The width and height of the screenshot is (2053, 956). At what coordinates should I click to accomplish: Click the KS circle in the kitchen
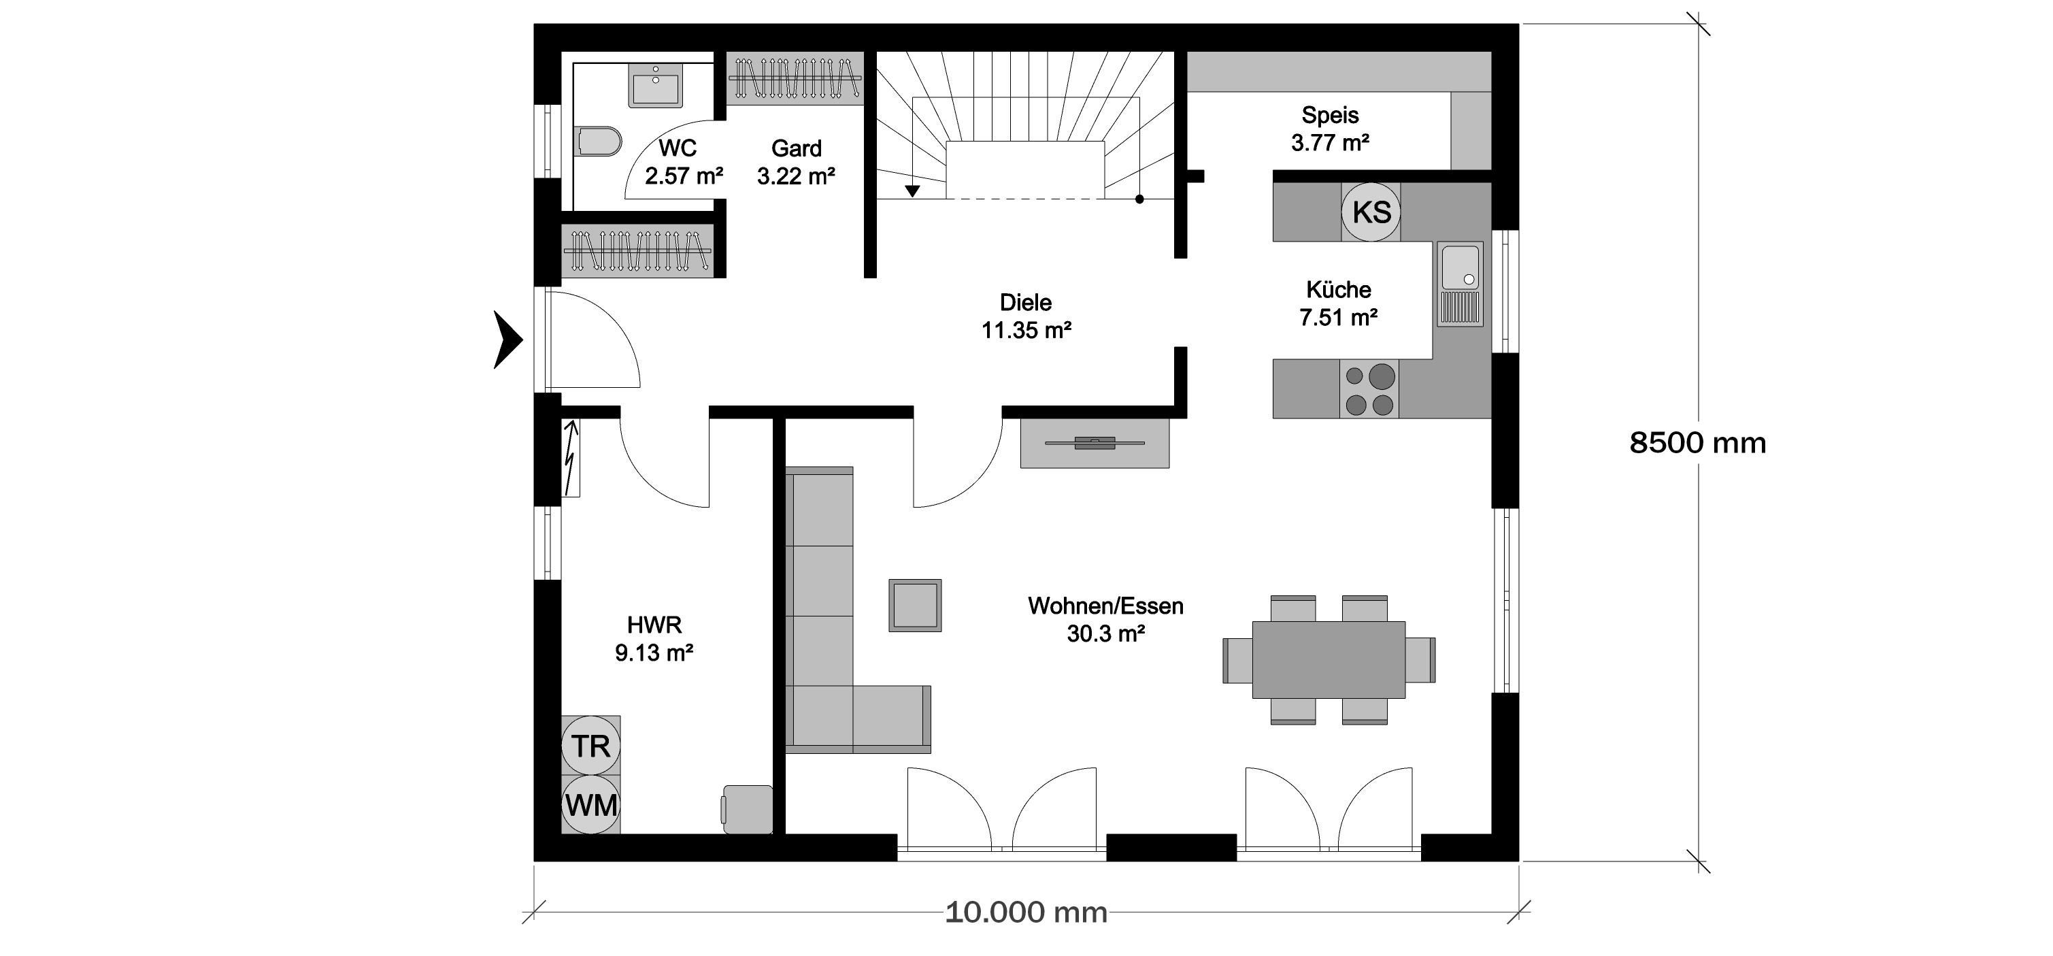tap(1371, 212)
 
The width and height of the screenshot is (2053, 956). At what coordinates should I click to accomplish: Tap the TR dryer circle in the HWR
tap(590, 746)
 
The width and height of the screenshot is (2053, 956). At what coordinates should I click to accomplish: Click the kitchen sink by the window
tap(1460, 284)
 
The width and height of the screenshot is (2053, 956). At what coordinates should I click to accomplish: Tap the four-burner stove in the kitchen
tap(1369, 389)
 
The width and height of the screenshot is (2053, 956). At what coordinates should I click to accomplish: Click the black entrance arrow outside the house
tap(507, 340)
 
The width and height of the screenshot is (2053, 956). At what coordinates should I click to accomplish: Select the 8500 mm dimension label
tap(1697, 442)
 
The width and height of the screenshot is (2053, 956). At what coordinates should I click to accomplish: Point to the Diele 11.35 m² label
tap(1026, 316)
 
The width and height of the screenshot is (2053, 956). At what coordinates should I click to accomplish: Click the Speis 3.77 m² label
tap(1330, 129)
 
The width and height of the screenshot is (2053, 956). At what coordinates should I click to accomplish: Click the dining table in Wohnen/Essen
tap(1329, 659)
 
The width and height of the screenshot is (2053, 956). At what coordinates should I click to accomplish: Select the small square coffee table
tap(915, 605)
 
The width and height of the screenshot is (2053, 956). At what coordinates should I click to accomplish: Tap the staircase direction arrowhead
tap(912, 191)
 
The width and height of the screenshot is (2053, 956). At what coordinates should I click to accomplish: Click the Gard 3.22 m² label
tap(796, 162)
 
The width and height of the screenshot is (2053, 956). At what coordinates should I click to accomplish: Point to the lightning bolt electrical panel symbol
tap(571, 459)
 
